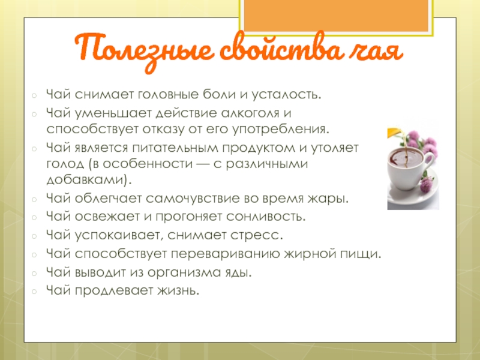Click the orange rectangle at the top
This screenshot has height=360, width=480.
336,16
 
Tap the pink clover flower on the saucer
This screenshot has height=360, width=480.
427,184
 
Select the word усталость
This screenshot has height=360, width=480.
287,95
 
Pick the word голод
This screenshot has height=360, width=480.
65,164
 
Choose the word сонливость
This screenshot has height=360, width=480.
266,217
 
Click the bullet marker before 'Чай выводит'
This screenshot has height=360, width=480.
34,273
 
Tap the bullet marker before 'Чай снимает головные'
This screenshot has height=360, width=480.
34,95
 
